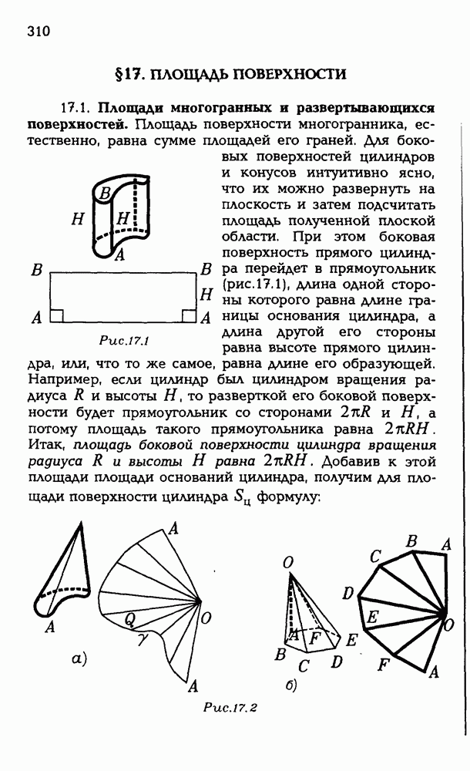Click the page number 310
pos(38,32)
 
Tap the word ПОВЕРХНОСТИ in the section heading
pos(289,74)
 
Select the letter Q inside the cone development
pos(129,617)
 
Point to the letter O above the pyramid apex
pos(287,565)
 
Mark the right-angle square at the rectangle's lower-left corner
pos(56,315)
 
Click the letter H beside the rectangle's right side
pos(206,294)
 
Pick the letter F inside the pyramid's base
pos(314,638)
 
